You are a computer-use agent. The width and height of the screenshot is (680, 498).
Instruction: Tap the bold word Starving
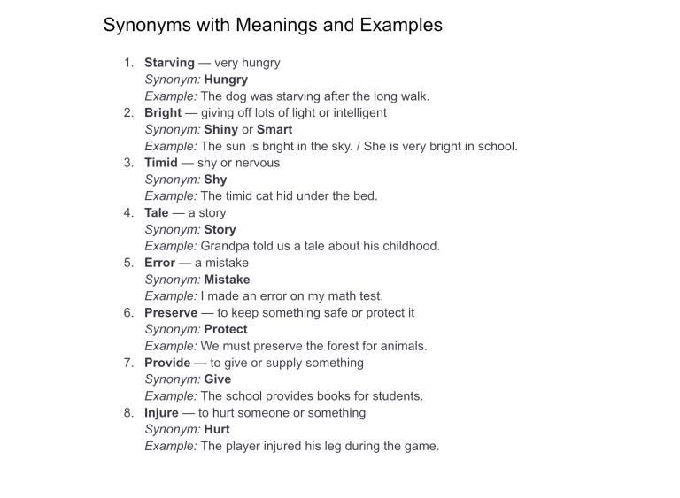169,63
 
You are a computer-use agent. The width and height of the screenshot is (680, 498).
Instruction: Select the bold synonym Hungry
226,80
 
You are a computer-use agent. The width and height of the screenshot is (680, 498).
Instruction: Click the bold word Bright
163,113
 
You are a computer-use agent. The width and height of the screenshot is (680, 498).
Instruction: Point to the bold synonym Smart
274,130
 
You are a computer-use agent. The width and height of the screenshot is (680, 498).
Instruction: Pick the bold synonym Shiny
221,130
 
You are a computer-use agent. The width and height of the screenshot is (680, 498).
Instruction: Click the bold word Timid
161,163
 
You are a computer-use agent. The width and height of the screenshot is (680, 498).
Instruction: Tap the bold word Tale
157,213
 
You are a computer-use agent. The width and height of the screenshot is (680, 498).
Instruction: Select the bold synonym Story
220,230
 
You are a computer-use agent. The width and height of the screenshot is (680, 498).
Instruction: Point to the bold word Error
160,263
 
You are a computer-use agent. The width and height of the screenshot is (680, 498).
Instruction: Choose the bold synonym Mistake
228,280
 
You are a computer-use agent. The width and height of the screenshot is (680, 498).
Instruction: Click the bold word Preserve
171,313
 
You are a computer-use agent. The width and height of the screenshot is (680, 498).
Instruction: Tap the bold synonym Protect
226,330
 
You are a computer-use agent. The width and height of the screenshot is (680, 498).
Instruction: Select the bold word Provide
167,363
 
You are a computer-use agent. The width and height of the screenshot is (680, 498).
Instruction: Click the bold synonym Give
218,379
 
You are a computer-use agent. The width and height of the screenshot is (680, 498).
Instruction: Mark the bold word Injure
162,413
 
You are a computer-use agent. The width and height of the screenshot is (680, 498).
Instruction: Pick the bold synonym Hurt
217,430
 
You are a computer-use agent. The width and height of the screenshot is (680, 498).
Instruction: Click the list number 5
128,263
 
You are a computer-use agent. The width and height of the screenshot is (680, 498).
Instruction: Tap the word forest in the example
321,346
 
